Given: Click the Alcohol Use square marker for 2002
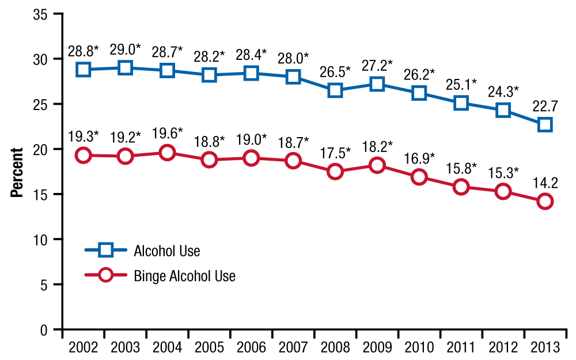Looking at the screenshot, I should [x=84, y=69].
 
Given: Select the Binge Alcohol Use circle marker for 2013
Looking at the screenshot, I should [x=545, y=201].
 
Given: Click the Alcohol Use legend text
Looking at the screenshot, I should [x=167, y=251].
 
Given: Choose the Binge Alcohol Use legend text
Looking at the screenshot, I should [x=184, y=276].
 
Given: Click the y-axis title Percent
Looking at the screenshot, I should [x=17, y=173].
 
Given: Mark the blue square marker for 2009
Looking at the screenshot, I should [x=377, y=84].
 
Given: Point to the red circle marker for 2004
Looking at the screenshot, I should [x=168, y=153].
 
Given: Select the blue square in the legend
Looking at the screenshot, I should [x=107, y=250].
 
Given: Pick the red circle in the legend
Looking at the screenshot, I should [x=107, y=275].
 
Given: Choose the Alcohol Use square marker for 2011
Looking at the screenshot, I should [x=461, y=103].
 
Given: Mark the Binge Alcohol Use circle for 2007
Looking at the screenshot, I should [x=293, y=161].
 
